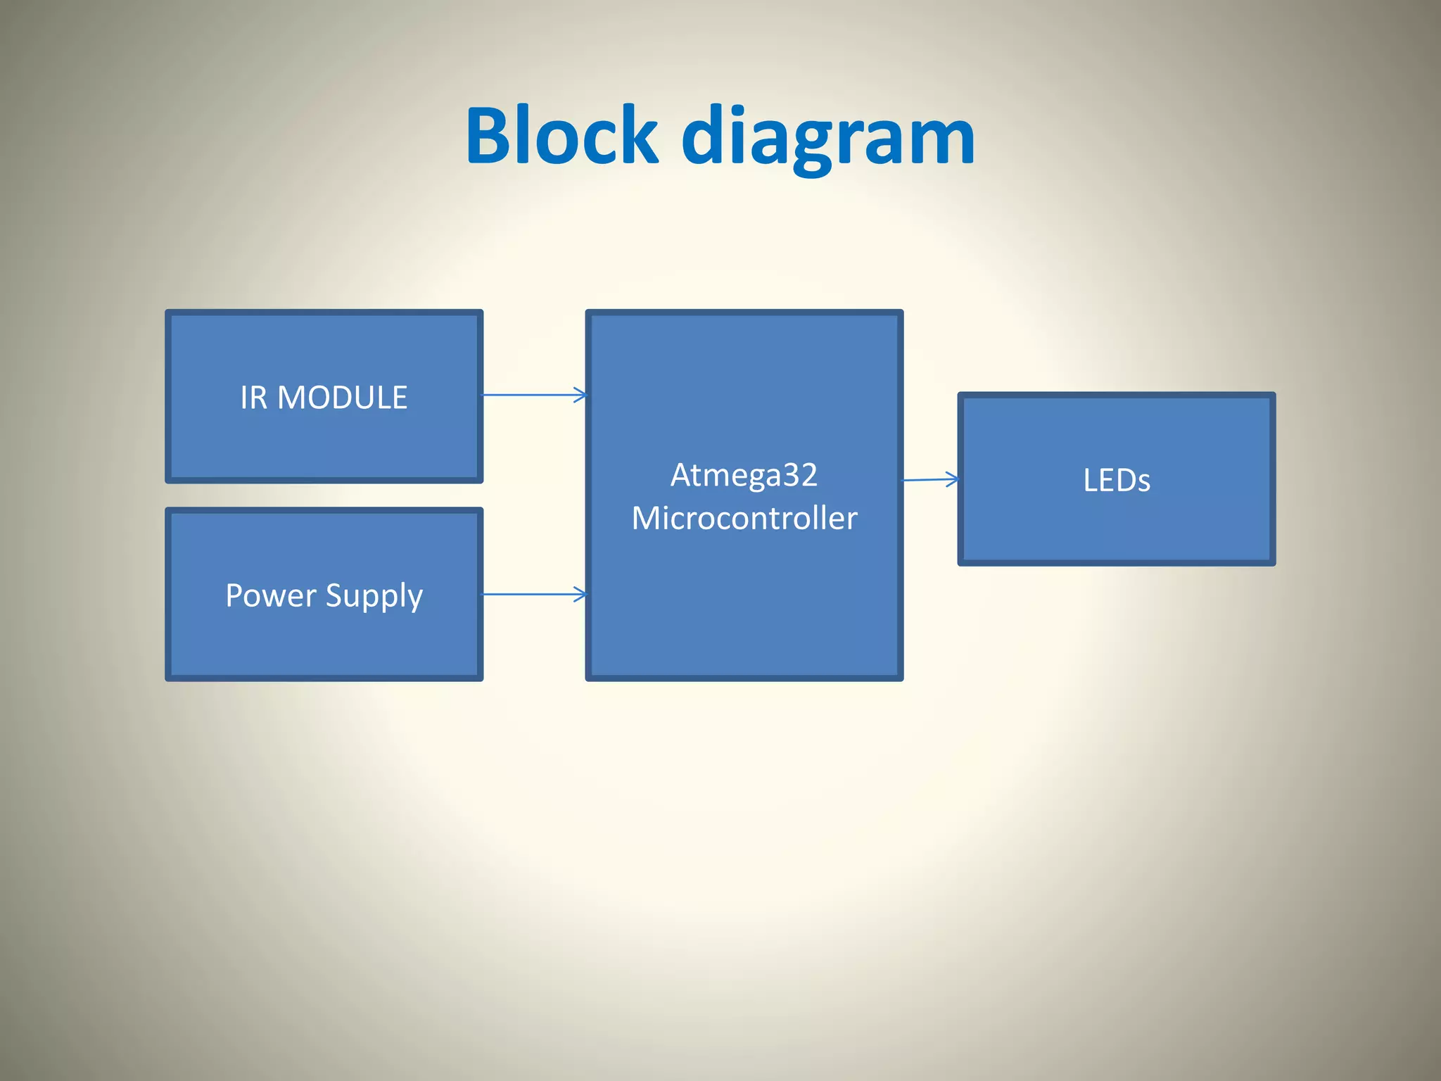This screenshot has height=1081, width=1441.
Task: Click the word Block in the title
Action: tap(561, 136)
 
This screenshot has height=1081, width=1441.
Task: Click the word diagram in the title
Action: tap(828, 137)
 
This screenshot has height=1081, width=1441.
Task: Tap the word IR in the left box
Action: tap(253, 398)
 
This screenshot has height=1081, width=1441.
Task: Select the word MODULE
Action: tap(342, 398)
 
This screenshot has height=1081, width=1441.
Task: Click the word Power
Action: tap(271, 595)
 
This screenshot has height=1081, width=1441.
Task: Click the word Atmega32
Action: tap(744, 475)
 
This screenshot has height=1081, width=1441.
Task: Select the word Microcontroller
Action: tap(744, 519)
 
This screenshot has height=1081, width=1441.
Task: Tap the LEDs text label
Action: tap(1117, 481)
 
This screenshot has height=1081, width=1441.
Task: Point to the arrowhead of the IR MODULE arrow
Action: tap(580, 395)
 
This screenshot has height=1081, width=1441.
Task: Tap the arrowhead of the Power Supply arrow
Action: tap(580, 594)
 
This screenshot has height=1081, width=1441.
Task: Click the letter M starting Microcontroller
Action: tap(645, 519)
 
